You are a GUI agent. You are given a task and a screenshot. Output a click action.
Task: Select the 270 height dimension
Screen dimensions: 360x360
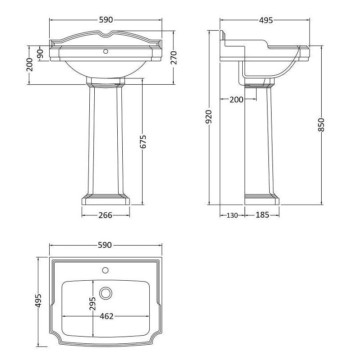(x=174, y=58)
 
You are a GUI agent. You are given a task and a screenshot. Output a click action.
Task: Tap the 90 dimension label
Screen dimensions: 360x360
(x=40, y=54)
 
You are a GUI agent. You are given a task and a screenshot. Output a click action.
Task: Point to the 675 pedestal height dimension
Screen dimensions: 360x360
(x=143, y=141)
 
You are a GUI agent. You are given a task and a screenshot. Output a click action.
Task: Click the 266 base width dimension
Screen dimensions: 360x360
(x=105, y=215)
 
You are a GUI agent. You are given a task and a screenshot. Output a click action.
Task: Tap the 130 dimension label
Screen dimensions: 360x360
(x=231, y=215)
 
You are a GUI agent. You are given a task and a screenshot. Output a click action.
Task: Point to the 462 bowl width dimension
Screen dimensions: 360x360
(x=106, y=316)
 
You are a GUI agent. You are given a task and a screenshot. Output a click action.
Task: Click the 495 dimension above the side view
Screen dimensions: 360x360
(x=265, y=20)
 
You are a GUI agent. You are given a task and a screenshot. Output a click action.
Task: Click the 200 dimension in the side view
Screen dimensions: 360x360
(x=236, y=100)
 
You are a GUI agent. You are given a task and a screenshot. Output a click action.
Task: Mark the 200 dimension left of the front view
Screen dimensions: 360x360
(x=29, y=65)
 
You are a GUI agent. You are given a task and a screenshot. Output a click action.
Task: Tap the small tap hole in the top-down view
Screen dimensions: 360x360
(x=106, y=271)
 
